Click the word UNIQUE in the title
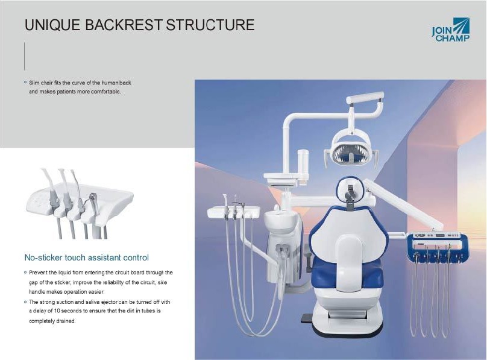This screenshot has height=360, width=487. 52,25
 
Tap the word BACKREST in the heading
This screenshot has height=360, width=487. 124,25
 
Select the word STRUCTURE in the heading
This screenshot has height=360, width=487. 210,25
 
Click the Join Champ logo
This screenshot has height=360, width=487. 451,30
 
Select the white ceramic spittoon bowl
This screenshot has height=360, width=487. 278,221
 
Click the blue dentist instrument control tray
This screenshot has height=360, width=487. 438,245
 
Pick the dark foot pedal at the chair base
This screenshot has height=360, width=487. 307,318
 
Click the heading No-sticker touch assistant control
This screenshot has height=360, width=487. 86,257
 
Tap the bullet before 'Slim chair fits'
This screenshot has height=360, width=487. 25,83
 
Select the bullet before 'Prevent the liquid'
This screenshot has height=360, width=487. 25,272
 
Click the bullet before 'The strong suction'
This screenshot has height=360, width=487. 25,302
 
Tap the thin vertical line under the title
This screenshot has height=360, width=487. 25,56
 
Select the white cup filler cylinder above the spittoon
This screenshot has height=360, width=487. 303,165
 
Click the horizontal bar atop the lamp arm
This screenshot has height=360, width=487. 365,97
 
